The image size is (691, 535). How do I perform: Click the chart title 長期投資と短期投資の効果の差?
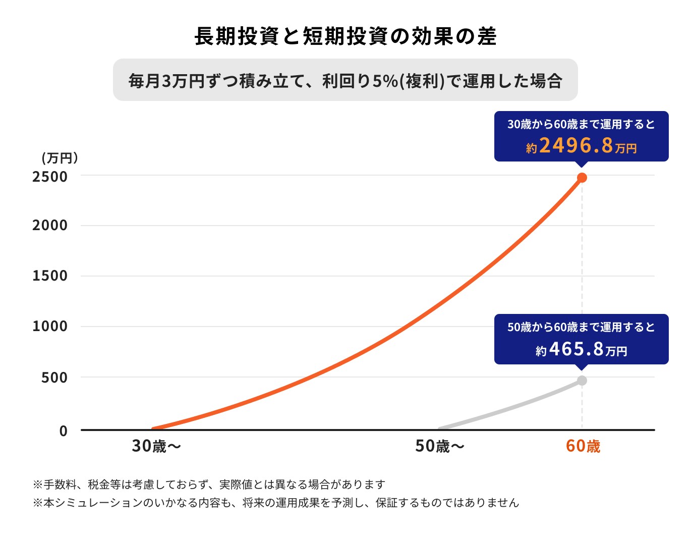345,36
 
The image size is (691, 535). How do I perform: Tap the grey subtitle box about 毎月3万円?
345,80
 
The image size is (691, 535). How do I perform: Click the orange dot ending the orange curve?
582,178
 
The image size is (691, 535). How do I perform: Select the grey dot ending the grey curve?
582,381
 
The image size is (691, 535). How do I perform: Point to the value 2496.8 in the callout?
576,146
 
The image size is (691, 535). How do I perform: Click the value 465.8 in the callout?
576,349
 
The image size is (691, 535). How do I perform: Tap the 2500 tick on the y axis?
50,177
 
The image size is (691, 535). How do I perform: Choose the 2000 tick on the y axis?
50,226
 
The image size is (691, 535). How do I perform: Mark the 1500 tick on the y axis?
50,276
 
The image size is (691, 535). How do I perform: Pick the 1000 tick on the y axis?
50,327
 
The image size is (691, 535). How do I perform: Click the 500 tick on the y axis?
54,378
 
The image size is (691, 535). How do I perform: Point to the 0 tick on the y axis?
64,431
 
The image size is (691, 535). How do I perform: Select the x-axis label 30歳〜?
156,446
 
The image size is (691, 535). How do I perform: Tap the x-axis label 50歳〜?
439,446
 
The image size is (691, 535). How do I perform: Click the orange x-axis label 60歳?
583,446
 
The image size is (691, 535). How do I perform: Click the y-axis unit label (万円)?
60,158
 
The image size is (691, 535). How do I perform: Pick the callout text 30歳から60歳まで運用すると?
581,124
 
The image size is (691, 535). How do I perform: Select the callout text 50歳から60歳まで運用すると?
581,327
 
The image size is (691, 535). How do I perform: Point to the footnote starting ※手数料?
209,485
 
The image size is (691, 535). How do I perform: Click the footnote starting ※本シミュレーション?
276,503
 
